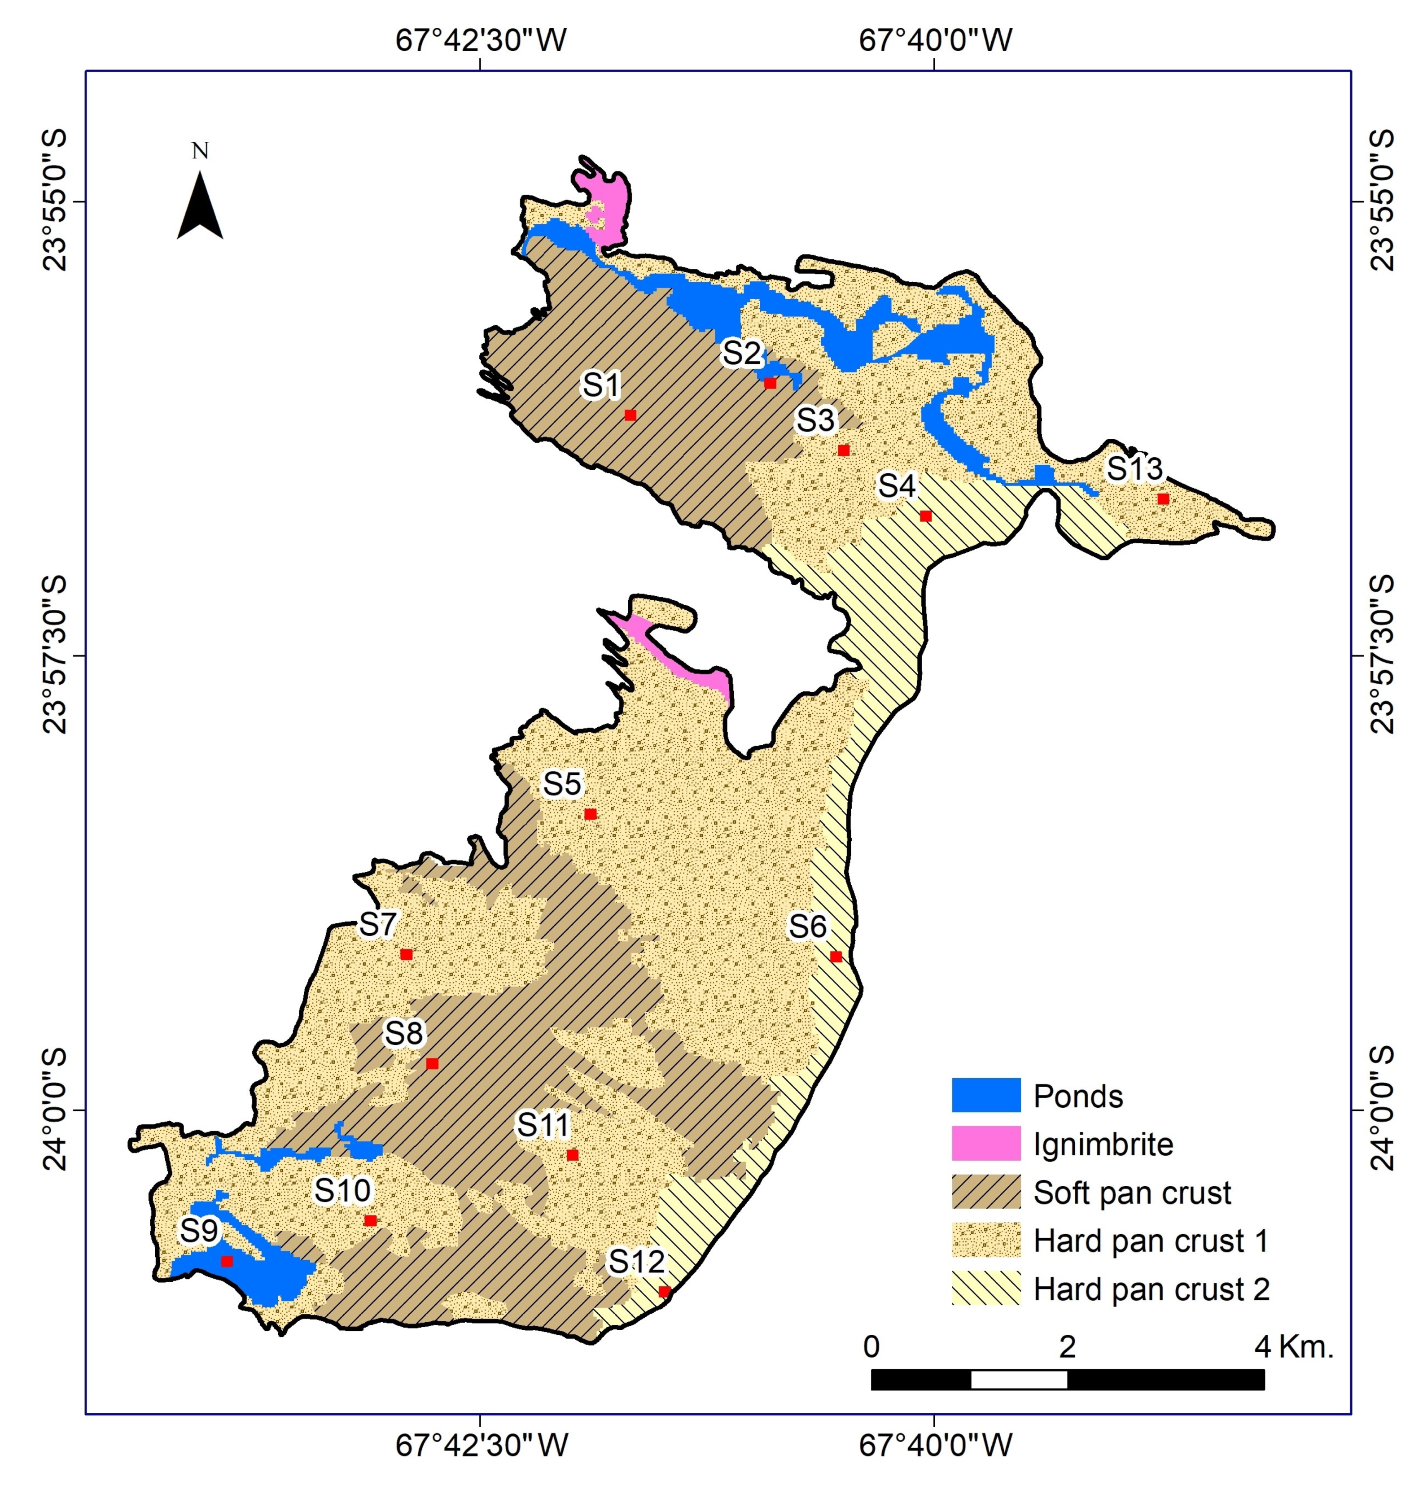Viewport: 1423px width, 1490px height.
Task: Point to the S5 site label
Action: click(x=562, y=784)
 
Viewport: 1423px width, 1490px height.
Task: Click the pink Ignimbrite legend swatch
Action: click(x=985, y=1144)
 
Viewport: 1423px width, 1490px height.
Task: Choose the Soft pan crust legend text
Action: click(x=1132, y=1192)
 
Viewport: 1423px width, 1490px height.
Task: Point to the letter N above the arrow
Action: click(x=200, y=151)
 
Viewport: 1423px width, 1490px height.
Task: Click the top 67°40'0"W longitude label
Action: click(x=935, y=40)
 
